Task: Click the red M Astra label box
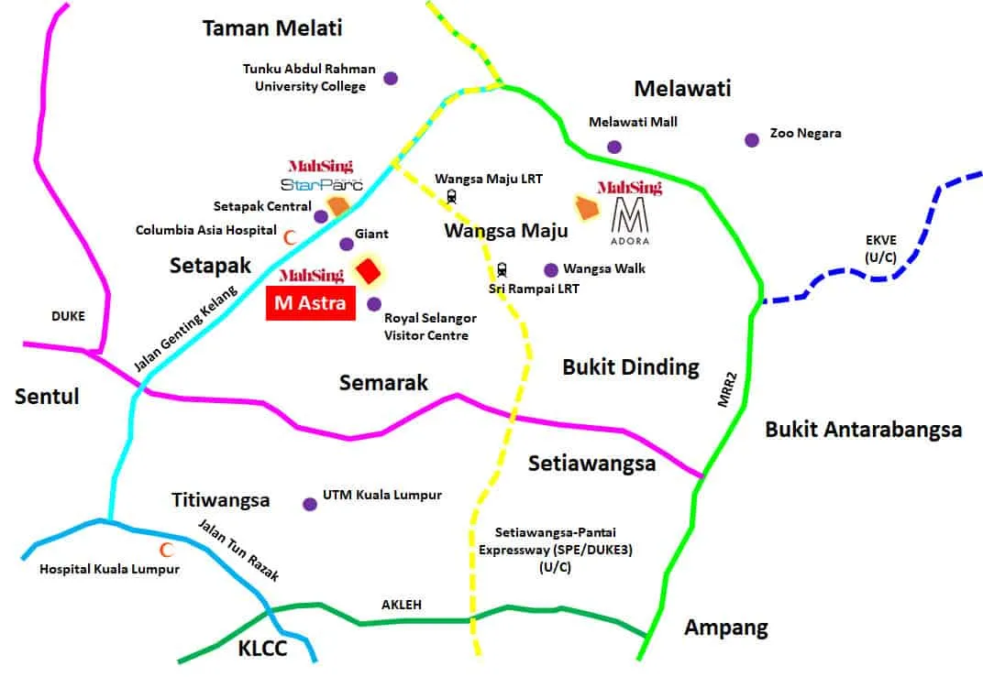pyautogui.click(x=310, y=303)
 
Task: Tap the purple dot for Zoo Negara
pyautogui.click(x=752, y=140)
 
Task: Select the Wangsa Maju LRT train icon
pyautogui.click(x=452, y=195)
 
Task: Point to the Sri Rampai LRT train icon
pyautogui.click(x=503, y=270)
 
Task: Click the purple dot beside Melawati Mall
pyautogui.click(x=614, y=147)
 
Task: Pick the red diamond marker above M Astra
pyautogui.click(x=369, y=271)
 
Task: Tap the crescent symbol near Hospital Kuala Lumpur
pyautogui.click(x=167, y=551)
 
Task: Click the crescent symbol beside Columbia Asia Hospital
pyautogui.click(x=290, y=236)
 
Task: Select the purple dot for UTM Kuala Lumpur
pyautogui.click(x=310, y=504)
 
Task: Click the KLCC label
pyautogui.click(x=262, y=650)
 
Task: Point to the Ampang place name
pyautogui.click(x=726, y=628)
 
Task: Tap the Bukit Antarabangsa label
pyautogui.click(x=864, y=429)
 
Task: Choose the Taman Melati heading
pyautogui.click(x=272, y=28)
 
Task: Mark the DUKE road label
pyautogui.click(x=67, y=316)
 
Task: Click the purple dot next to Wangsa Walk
pyautogui.click(x=551, y=269)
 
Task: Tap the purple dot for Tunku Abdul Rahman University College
pyautogui.click(x=391, y=78)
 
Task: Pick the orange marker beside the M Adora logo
pyautogui.click(x=587, y=208)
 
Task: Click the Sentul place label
pyautogui.click(x=47, y=397)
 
